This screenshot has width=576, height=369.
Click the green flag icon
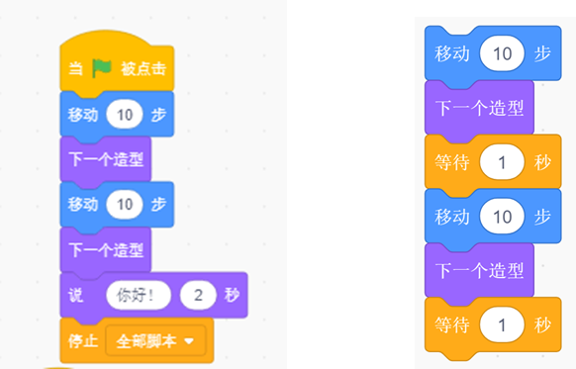[102, 68]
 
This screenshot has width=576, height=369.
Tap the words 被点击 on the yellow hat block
[144, 68]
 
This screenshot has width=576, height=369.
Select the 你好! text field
[139, 295]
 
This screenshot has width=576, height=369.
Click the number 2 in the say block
[198, 295]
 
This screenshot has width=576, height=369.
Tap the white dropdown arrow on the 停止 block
[189, 341]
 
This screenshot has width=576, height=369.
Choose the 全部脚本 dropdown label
[146, 341]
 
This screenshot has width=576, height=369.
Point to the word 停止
[83, 341]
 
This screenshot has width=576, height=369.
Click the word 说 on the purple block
[76, 295]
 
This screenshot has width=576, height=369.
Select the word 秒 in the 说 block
[232, 295]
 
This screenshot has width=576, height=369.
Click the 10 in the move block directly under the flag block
[125, 115]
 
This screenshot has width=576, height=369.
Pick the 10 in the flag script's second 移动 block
[125, 204]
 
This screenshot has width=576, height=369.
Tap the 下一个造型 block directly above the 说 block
[106, 250]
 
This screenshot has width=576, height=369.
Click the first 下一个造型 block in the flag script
[106, 159]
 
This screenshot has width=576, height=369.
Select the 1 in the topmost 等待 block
[502, 162]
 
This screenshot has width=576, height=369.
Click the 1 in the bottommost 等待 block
[502, 324]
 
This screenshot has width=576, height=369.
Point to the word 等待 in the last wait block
[452, 325]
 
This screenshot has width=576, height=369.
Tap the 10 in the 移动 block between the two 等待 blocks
[502, 217]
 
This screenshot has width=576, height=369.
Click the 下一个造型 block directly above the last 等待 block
[479, 271]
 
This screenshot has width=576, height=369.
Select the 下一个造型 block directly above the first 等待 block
[479, 108]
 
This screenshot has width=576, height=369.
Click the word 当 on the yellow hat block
[75, 68]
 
